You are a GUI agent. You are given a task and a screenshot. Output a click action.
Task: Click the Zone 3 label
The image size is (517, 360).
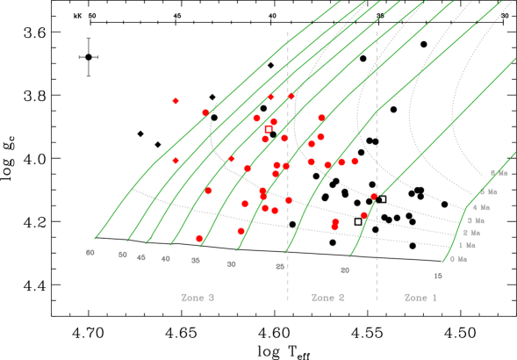click(x=197, y=298)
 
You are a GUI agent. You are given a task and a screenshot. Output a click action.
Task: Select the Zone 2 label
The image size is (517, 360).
click(x=327, y=298)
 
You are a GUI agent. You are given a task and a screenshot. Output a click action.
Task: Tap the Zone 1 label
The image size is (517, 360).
click(x=420, y=298)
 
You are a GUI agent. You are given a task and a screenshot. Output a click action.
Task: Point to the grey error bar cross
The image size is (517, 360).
click(x=89, y=58)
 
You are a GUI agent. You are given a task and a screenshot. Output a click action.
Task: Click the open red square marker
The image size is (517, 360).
click(x=269, y=129)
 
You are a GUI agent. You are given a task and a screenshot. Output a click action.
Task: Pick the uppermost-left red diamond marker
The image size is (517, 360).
click(x=176, y=101)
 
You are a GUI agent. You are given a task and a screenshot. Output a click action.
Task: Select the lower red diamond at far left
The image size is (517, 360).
click(x=176, y=161)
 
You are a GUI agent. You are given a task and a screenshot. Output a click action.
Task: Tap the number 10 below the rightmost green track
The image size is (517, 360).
click(x=437, y=276)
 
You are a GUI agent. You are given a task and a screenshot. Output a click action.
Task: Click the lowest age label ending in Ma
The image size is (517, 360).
click(x=458, y=259)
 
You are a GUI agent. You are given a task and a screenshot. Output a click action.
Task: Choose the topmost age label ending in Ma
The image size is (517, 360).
click(x=499, y=173)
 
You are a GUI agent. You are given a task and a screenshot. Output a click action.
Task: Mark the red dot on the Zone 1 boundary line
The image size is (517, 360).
click(x=374, y=196)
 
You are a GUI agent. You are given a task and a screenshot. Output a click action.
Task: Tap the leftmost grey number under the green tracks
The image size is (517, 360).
click(x=90, y=253)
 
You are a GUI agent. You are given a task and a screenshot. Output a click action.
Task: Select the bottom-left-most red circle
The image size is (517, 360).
click(x=199, y=238)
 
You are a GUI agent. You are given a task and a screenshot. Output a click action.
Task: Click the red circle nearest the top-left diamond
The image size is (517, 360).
click(x=205, y=112)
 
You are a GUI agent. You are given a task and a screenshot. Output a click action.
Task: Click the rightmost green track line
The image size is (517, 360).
click(x=456, y=237)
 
